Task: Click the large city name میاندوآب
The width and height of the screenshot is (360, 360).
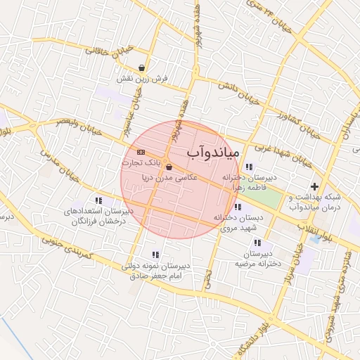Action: click(214, 151)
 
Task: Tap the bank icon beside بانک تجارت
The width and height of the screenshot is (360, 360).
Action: click(141, 152)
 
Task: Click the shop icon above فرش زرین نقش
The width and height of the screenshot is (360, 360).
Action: click(143, 68)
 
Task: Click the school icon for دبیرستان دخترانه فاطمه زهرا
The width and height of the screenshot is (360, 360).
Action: click(250, 167)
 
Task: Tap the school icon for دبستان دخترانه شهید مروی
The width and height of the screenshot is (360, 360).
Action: click(238, 207)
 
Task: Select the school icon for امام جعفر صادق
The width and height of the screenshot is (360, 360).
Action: click(155, 255)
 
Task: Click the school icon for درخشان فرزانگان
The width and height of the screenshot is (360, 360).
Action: click(98, 200)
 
